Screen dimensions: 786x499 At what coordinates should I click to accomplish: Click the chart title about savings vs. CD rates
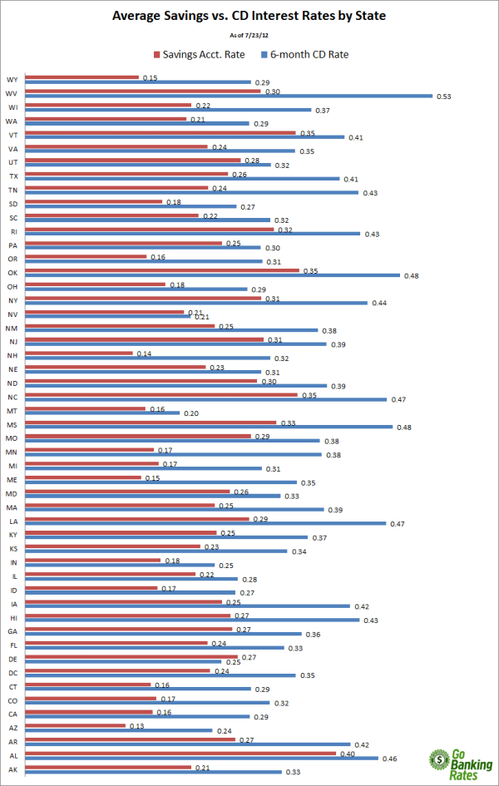tap(249, 15)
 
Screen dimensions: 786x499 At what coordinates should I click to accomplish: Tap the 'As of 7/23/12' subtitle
tap(249, 35)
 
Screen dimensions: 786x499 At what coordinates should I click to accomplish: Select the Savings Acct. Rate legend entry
tap(200, 55)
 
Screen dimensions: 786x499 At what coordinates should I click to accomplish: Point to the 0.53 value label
tap(444, 96)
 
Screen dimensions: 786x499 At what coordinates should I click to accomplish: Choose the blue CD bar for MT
tap(113, 413)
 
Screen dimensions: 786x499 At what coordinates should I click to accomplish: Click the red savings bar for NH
tap(80, 353)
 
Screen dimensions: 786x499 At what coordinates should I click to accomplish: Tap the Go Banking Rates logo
tap(460, 763)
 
